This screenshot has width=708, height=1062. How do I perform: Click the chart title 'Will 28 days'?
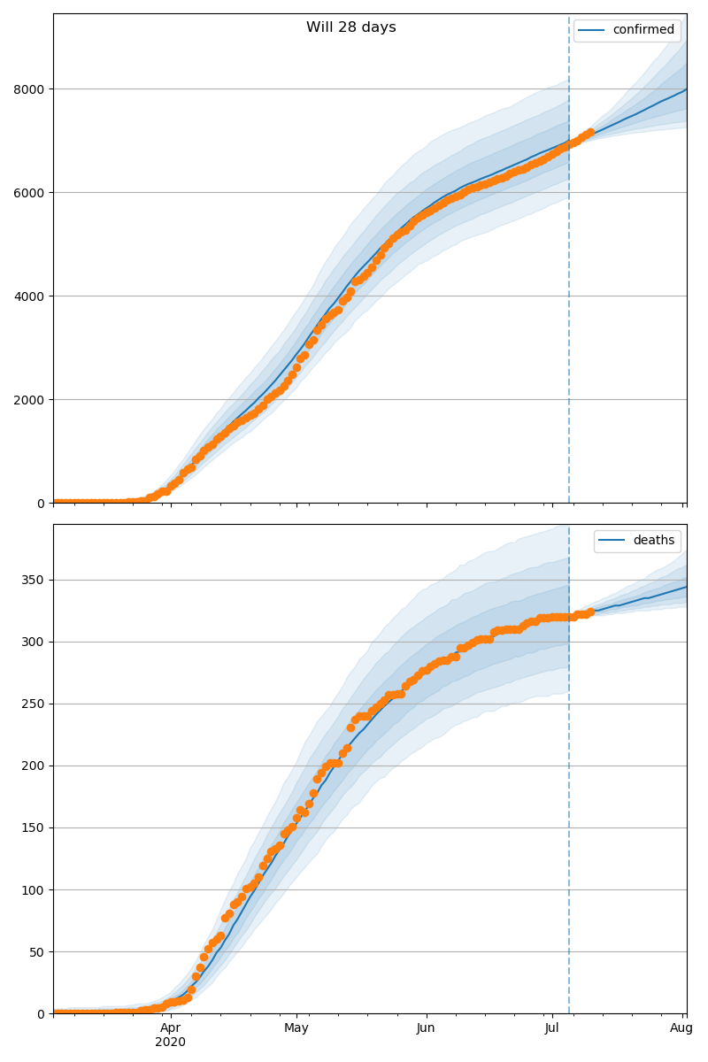tap(351, 27)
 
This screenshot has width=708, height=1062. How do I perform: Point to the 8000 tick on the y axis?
tap(32, 89)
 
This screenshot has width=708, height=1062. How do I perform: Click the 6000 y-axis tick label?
tap(32, 193)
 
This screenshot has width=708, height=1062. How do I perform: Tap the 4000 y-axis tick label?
tap(32, 296)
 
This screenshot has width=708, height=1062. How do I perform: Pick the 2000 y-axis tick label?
tap(32, 400)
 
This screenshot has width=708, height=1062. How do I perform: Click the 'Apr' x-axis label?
tap(171, 1028)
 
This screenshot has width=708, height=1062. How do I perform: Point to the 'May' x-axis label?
tap(296, 1028)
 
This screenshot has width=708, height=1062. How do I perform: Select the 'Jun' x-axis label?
tap(426, 1028)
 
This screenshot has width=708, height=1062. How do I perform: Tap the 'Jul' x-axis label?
tap(552, 1028)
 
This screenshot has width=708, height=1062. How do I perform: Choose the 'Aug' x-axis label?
tap(681, 1028)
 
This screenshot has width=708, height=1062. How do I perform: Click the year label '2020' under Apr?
tap(171, 1043)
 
